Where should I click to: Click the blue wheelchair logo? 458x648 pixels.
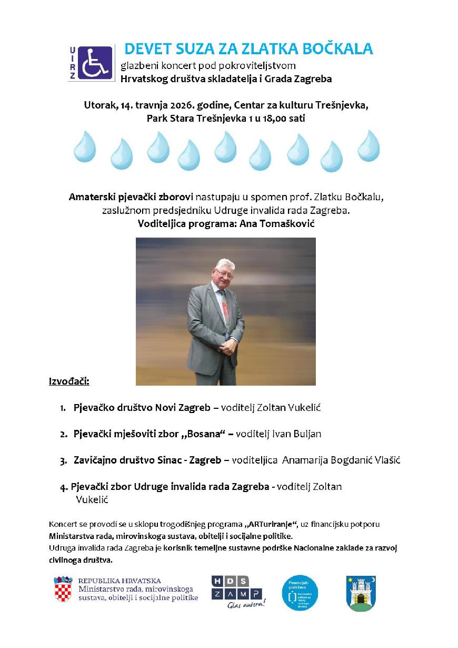[x=95, y=63]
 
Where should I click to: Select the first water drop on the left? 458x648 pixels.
[x=84, y=146]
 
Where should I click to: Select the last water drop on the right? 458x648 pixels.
[x=368, y=145]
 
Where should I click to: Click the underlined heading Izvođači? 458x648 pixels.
[x=69, y=381]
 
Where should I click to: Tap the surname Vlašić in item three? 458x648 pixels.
[x=387, y=460]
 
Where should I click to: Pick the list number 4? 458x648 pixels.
[x=63, y=487]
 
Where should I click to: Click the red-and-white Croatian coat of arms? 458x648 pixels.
[x=63, y=590]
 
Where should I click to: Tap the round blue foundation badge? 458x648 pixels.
[x=300, y=593]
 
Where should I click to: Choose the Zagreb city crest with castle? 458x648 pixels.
[x=361, y=592]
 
